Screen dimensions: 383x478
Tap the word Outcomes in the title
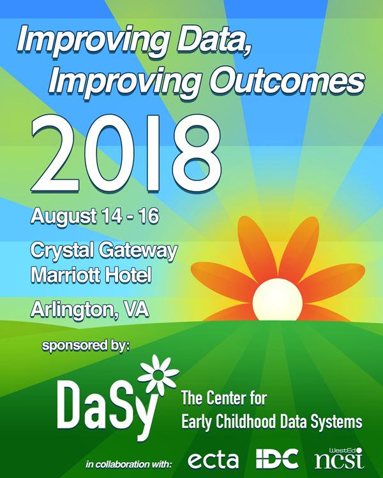pyautogui.click(x=287, y=81)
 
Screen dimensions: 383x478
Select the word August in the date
pyautogui.click(x=64, y=217)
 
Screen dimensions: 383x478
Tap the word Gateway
pyautogui.click(x=138, y=251)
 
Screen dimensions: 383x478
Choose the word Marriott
pyautogui.click(x=65, y=275)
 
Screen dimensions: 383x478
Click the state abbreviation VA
pyautogui.click(x=136, y=308)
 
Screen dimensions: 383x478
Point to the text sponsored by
pyautogui.click(x=86, y=346)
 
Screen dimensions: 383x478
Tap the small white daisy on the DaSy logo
pyautogui.click(x=158, y=375)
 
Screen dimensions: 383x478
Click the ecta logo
pyautogui.click(x=213, y=460)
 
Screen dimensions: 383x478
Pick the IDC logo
pyautogui.click(x=277, y=458)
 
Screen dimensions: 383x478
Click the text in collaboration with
pyautogui.click(x=129, y=465)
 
